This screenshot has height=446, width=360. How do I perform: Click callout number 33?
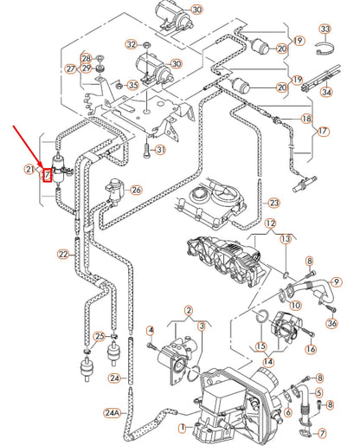(325, 29)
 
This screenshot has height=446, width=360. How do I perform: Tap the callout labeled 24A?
(112, 413)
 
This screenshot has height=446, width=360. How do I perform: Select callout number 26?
(136, 190)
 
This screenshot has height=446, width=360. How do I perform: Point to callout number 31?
(161, 150)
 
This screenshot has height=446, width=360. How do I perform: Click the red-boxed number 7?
(47, 175)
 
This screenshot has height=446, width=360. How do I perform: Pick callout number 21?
(29, 169)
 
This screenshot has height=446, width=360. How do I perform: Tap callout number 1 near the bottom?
(182, 428)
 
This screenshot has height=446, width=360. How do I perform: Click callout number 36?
(332, 323)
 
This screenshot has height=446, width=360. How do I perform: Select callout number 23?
(273, 203)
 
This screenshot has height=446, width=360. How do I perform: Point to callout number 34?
(326, 92)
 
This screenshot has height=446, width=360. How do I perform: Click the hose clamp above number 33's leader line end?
(325, 48)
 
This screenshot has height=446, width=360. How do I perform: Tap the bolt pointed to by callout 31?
(146, 151)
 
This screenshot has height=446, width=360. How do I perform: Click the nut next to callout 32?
(146, 45)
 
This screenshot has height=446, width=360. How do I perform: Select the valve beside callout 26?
(115, 191)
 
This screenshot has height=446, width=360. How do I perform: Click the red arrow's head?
(42, 166)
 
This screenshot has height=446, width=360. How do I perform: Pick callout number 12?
(270, 223)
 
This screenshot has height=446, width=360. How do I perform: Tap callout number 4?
(151, 331)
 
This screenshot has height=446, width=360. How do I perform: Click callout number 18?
(306, 119)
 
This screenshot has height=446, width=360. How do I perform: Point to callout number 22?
(63, 255)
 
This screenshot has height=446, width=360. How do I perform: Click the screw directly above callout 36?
(332, 309)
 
